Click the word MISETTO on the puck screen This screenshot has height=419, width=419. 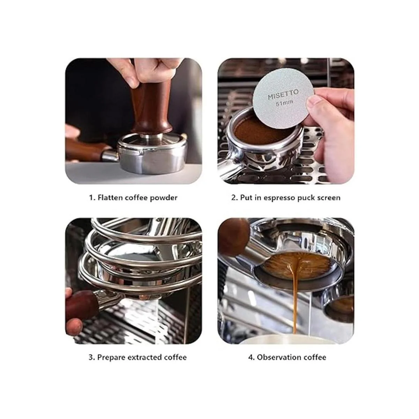click(283, 94)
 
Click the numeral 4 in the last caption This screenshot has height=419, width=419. click(250, 357)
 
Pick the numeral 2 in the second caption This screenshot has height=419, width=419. click(234, 198)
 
